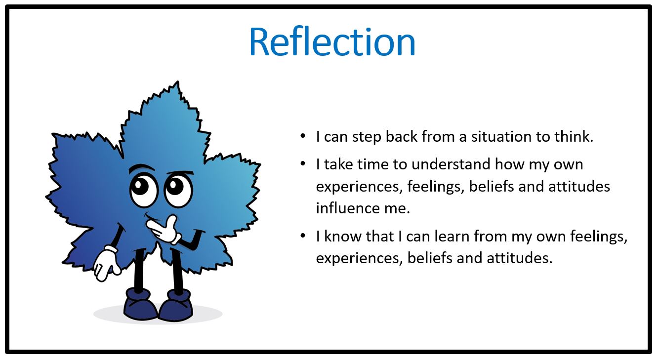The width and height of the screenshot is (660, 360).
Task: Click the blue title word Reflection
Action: pos(332,42)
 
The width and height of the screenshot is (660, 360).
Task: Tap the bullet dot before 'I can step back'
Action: pos(303,136)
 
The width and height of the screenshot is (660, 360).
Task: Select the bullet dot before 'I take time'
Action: pos(303,164)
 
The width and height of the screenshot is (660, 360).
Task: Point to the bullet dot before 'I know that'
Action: pos(303,236)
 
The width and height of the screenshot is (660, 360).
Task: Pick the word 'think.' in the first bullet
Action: pos(574,137)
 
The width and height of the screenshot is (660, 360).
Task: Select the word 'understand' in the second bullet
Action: pos(451,164)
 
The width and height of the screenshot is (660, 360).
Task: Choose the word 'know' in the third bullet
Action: pos(341,236)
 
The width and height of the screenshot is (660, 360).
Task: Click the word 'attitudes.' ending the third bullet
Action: pos(519,258)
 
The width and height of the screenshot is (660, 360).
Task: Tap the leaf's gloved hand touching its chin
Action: pos(163,230)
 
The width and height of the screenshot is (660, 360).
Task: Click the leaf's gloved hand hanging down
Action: pos(106,264)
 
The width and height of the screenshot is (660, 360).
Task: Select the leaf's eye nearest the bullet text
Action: pos(178,190)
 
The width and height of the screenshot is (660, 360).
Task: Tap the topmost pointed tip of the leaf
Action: pos(177,81)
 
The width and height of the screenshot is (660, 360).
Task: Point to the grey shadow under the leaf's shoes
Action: pos(158,315)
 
